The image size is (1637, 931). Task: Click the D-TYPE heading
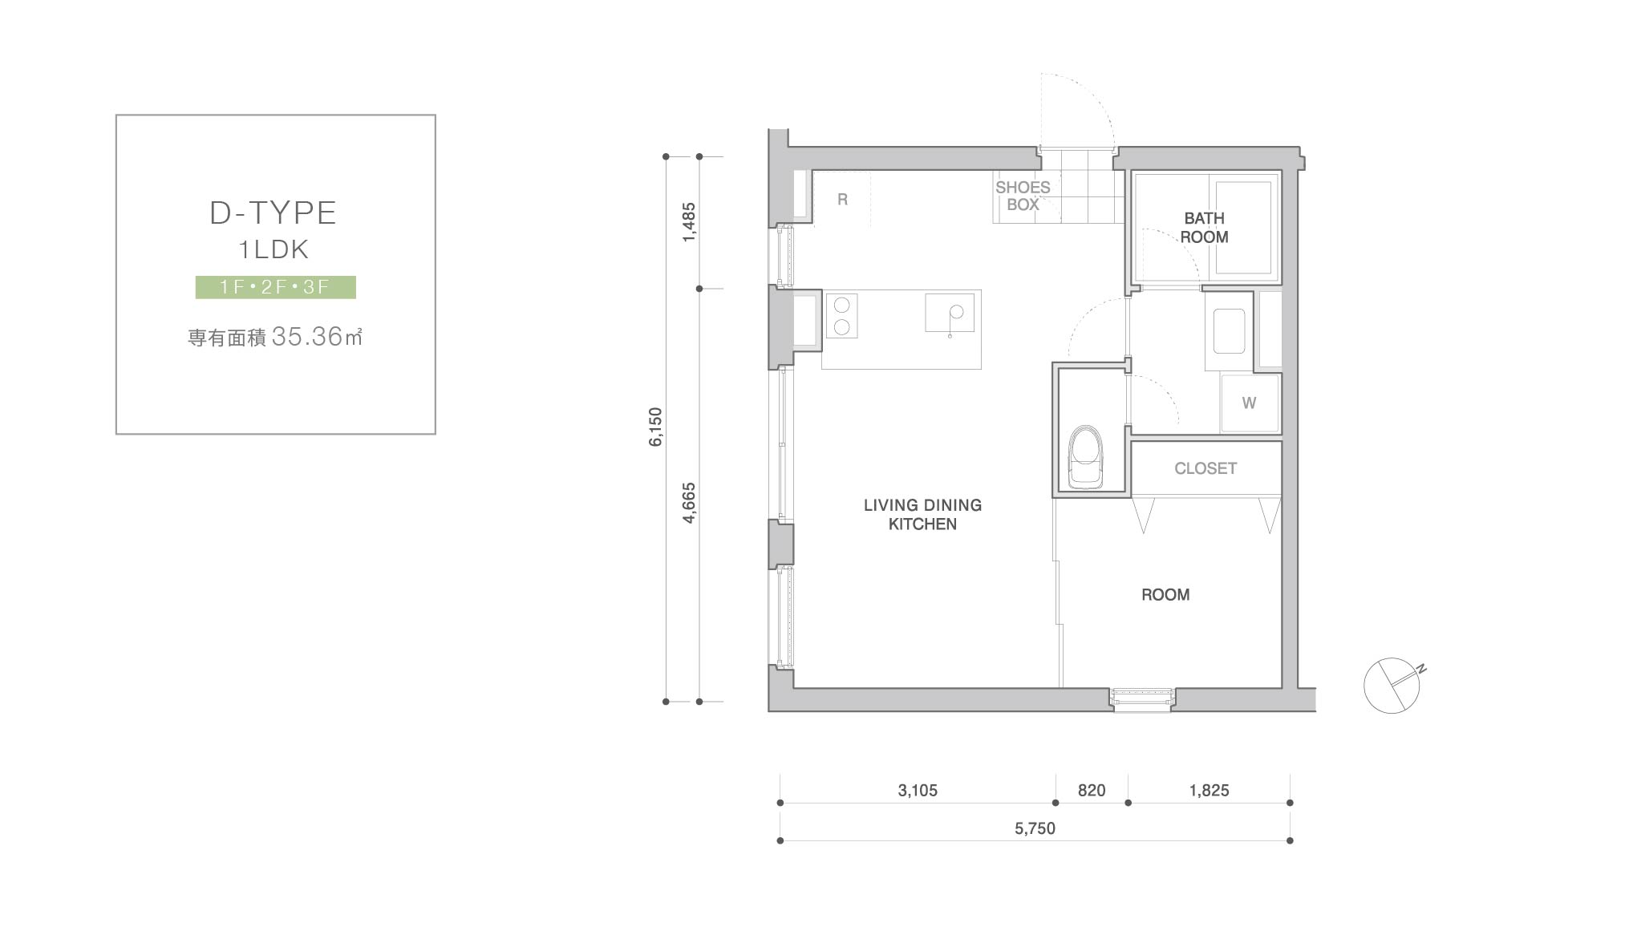pyautogui.click(x=273, y=213)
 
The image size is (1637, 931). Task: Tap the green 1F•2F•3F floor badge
pyautogui.click(x=276, y=287)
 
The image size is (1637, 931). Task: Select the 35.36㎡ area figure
pyautogui.click(x=317, y=337)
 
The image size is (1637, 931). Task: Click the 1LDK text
pyautogui.click(x=274, y=249)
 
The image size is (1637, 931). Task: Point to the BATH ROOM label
pyautogui.click(x=1204, y=228)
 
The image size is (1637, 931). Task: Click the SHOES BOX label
pyautogui.click(x=1023, y=196)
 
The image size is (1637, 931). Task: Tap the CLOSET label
pyautogui.click(x=1205, y=468)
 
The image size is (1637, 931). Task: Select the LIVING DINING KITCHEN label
pyautogui.click(x=922, y=515)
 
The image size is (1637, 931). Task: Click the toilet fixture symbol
pyautogui.click(x=1085, y=457)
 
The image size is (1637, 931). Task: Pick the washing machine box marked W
pyautogui.click(x=1250, y=403)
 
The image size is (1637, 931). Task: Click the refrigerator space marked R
pyautogui.click(x=842, y=200)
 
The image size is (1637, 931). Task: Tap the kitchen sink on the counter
pyautogui.click(x=950, y=314)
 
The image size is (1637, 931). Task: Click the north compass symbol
pyautogui.click(x=1393, y=685)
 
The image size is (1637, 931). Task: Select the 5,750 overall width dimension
pyautogui.click(x=1035, y=828)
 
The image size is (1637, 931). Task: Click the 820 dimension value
pyautogui.click(x=1092, y=791)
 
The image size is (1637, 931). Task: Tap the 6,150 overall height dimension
pyautogui.click(x=656, y=427)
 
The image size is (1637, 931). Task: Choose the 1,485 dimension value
pyautogui.click(x=689, y=222)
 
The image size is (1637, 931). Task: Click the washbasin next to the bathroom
pyautogui.click(x=1229, y=331)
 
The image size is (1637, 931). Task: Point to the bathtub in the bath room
pyautogui.click(x=1243, y=229)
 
